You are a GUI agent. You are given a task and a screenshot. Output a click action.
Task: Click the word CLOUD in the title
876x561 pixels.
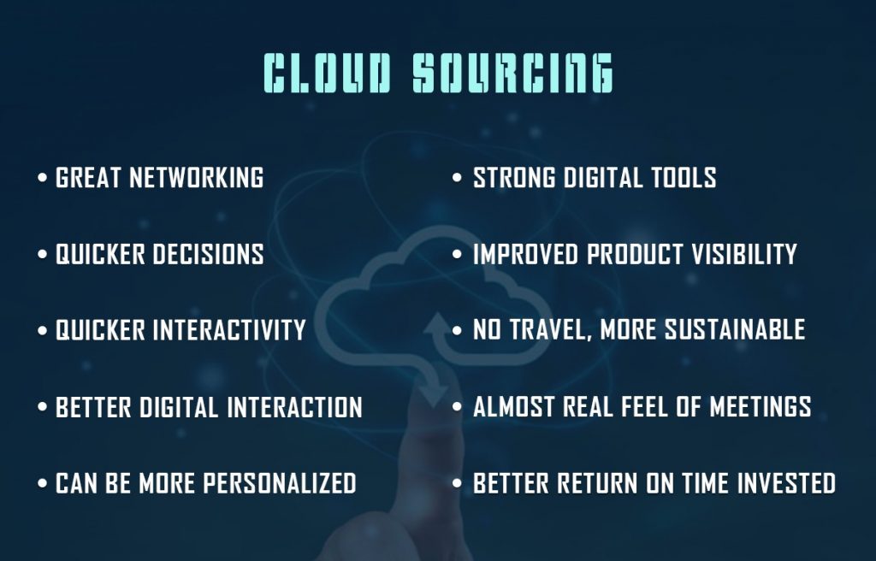point(327,74)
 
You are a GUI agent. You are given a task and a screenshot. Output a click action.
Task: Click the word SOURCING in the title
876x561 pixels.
point(513,74)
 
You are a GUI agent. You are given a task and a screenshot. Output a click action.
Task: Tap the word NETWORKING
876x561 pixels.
point(196,178)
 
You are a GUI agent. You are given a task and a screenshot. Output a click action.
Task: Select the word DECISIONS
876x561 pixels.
point(208,254)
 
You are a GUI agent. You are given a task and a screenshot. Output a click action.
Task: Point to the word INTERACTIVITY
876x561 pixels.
point(229,329)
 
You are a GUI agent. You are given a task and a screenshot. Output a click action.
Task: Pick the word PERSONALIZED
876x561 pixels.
point(280,483)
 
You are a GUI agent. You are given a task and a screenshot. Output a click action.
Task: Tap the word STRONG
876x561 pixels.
point(514,178)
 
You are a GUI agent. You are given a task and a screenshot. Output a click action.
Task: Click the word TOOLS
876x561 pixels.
point(684,178)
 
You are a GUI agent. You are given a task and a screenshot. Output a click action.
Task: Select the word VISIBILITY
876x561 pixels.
point(744,254)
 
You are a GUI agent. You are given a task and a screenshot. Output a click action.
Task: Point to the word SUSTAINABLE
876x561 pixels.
point(735,329)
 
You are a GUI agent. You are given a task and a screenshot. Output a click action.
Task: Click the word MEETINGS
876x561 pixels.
point(761,407)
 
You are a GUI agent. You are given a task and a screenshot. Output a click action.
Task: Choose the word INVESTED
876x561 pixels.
point(787,483)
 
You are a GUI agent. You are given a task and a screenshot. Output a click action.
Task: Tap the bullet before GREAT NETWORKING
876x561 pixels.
point(43,178)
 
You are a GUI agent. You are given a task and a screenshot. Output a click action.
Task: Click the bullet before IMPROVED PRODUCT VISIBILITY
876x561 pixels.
point(457,254)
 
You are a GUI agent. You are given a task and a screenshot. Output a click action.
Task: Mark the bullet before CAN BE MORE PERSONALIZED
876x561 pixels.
point(43,483)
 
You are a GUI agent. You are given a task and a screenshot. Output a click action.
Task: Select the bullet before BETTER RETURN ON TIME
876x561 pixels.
point(457,483)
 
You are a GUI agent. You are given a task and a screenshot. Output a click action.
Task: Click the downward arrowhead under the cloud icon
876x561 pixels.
point(434,394)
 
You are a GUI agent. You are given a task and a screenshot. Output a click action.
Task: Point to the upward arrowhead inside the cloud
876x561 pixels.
point(437,323)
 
